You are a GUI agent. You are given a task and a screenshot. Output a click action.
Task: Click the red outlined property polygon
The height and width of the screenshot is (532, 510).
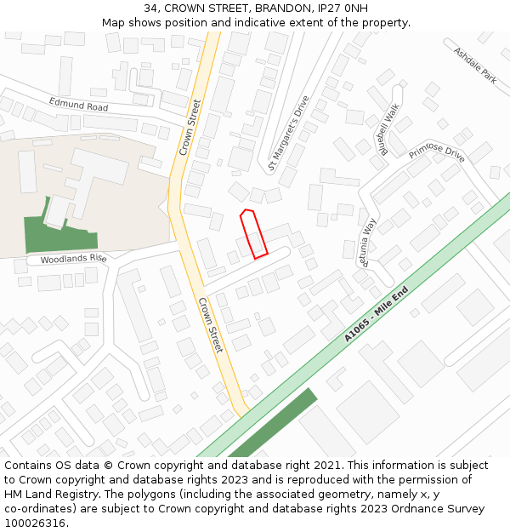coord(253,233)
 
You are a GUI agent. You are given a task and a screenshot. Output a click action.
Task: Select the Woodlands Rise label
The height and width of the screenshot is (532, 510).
coord(73,258)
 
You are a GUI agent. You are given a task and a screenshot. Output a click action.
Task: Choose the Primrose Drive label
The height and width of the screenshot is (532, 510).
coord(436,152)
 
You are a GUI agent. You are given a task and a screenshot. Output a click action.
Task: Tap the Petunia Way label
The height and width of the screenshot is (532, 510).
coord(368,243)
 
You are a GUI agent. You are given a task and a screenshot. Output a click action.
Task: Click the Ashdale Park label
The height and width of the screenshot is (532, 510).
coord(474,65)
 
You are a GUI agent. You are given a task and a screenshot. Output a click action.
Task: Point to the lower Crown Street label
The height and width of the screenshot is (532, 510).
coord(210,325)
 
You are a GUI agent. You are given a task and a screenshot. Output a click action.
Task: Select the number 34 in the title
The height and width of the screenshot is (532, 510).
coord(151,8)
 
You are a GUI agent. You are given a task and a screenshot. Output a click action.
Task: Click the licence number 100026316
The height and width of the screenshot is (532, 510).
coord(35,523)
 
